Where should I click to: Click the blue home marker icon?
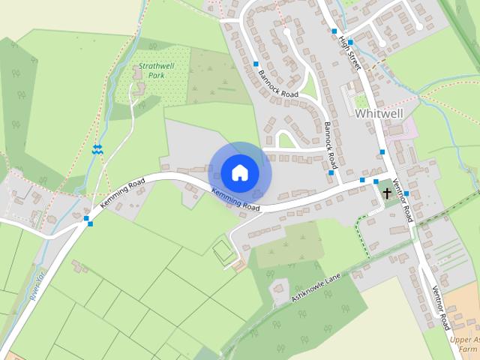[239, 172]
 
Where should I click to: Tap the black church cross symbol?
[387, 193]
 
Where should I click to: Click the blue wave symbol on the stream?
[97, 149]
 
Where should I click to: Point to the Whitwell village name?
[379, 113]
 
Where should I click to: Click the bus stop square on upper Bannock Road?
[256, 64]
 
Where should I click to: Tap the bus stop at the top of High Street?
[334, 31]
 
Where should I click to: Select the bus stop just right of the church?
[406, 193]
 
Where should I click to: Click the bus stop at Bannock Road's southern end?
[331, 173]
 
